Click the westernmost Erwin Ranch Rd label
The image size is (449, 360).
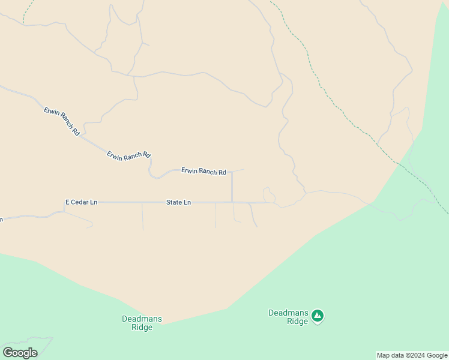pos(62,121)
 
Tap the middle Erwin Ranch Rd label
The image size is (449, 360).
pos(128,155)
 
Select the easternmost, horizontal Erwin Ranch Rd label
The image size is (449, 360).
pos(203,172)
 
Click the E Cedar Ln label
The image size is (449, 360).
pos(81,202)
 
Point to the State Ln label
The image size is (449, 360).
pos(178,203)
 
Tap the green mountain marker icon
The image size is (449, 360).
pos(318,315)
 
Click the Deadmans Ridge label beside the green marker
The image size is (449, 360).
pos(288,317)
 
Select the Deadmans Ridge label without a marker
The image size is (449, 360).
pos(142,323)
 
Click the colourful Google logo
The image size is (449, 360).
pos(20,353)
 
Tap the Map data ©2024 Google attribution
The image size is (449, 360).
pos(412,355)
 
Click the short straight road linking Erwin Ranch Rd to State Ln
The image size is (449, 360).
pos(232,187)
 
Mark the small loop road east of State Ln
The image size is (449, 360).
pos(268,194)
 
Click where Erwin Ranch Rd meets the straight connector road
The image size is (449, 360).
pos(232,172)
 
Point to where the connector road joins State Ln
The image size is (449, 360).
pos(232,202)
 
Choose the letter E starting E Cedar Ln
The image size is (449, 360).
pos(67,202)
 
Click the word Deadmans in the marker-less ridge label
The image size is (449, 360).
pos(142,319)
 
